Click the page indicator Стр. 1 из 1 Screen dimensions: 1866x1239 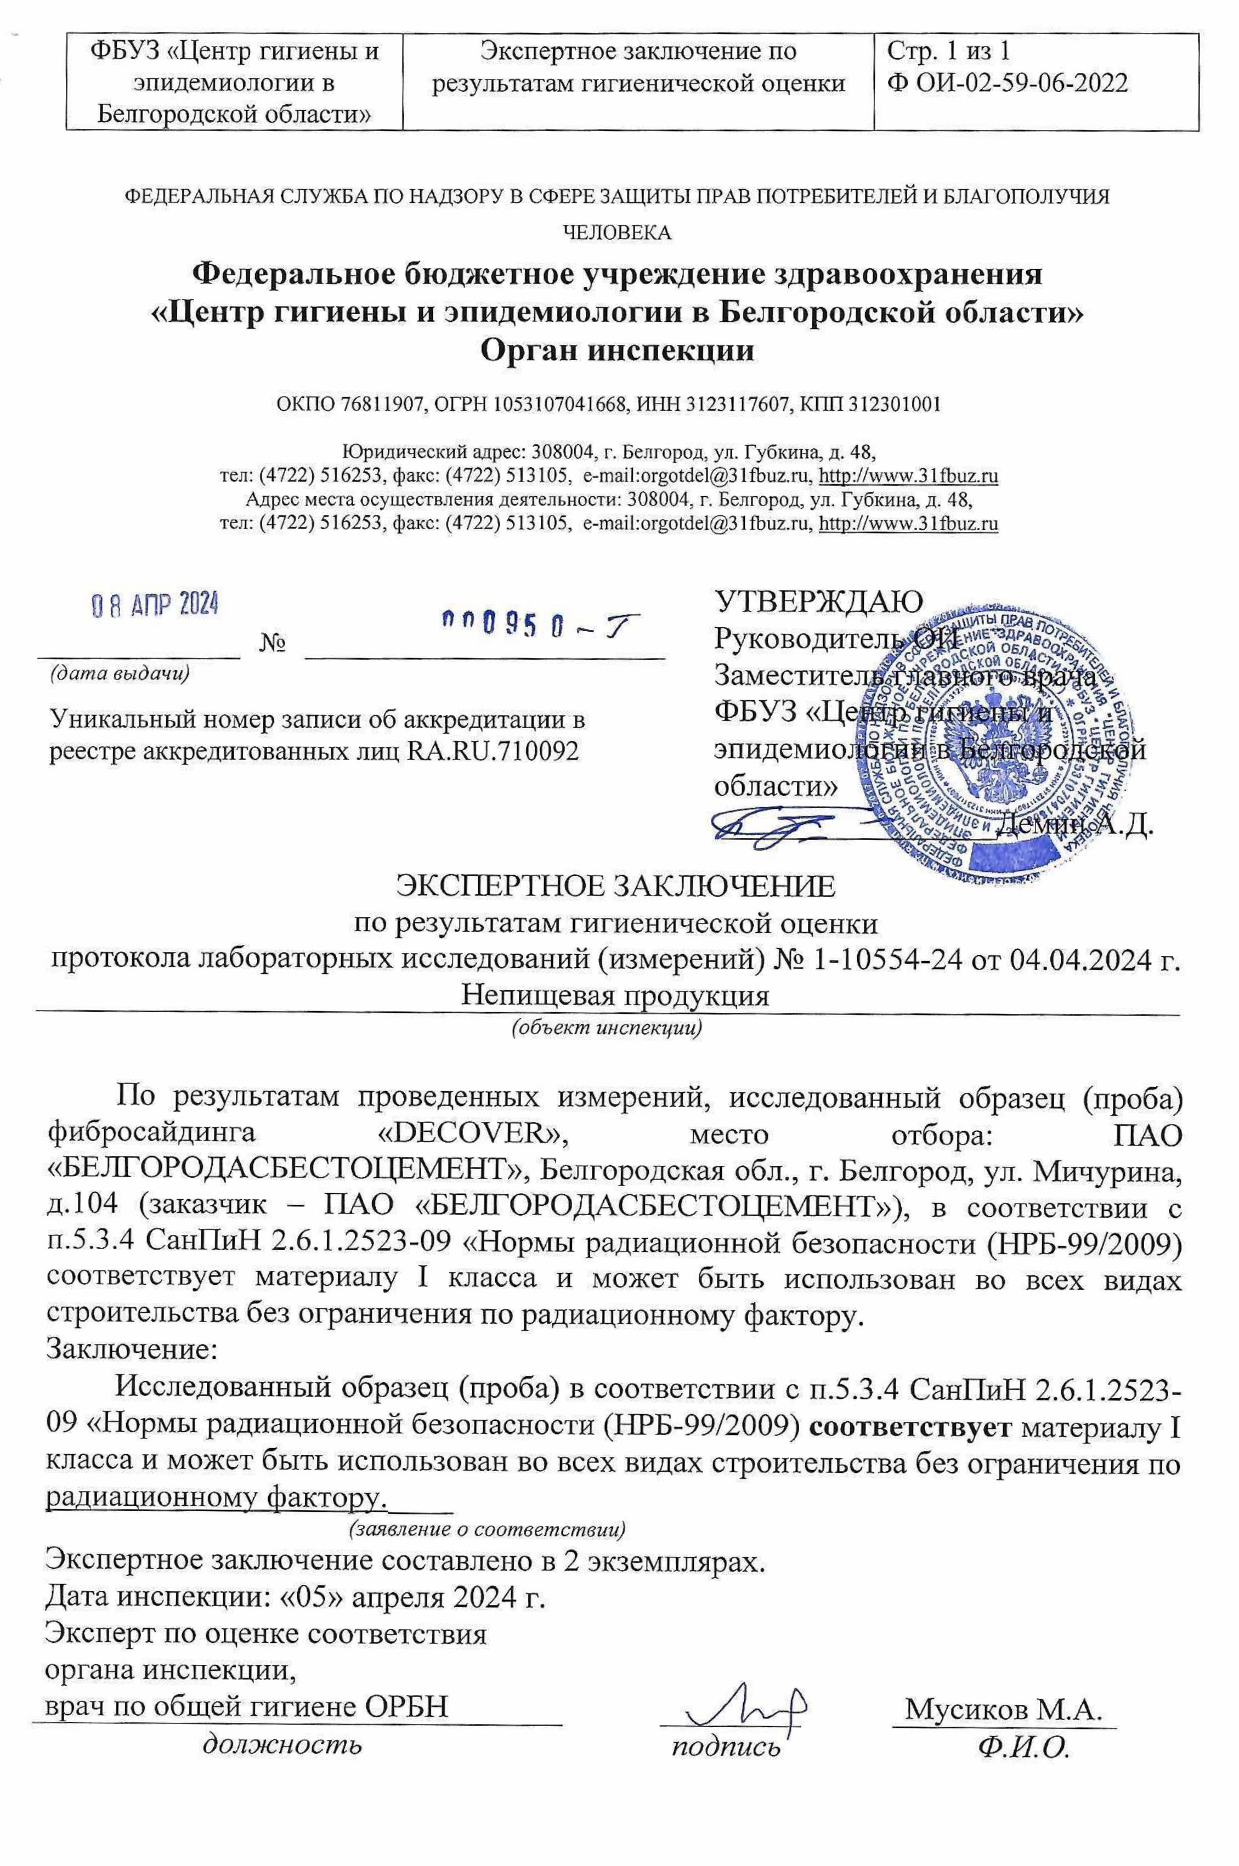948,52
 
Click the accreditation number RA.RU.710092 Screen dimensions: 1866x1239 493,751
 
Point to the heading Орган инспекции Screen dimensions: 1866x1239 618,350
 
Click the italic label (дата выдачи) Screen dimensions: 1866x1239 120,673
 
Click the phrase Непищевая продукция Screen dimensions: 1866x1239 615,995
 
